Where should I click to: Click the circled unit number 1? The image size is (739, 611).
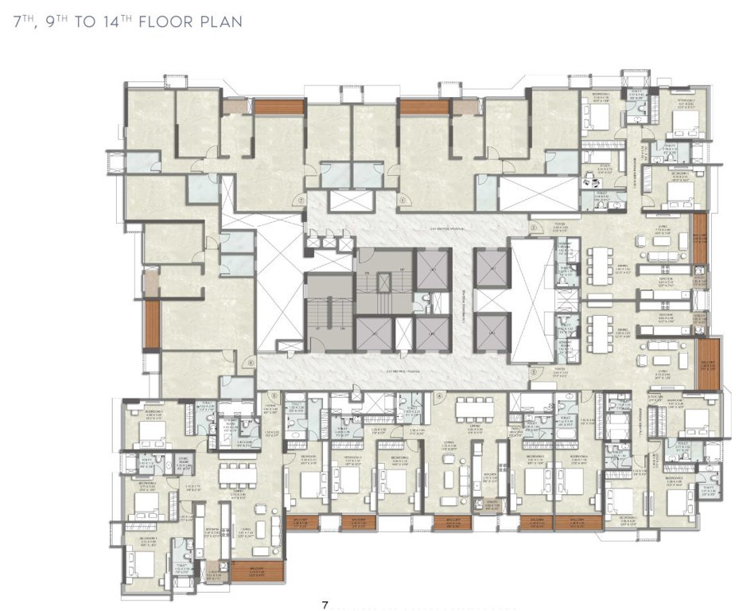click(x=403, y=200)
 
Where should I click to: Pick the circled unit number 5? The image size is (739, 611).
click(x=273, y=395)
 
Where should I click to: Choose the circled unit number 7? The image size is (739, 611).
click(x=301, y=201)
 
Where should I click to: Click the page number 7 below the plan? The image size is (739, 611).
click(x=325, y=605)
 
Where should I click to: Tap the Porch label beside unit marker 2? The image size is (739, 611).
click(x=560, y=229)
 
